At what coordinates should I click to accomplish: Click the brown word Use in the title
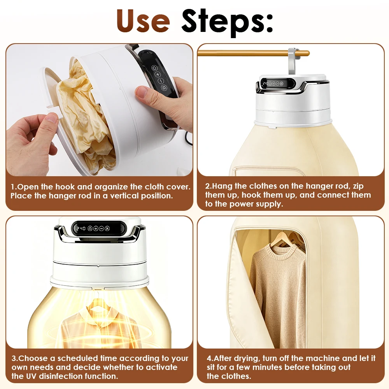tap(144, 21)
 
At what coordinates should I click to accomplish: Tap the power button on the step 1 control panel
tap(154, 68)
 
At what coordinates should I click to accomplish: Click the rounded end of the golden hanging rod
tap(307, 53)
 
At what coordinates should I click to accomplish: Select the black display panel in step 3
tap(99, 228)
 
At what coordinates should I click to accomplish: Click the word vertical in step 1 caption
tap(124, 196)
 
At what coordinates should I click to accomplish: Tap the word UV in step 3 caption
tap(32, 376)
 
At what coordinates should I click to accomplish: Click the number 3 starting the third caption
tap(14, 359)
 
